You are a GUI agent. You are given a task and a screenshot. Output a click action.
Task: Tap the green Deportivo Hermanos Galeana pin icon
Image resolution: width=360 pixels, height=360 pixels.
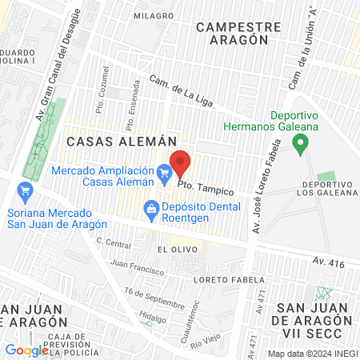point(301,146)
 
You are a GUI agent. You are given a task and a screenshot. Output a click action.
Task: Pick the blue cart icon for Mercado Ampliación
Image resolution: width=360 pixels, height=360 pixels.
point(164,172)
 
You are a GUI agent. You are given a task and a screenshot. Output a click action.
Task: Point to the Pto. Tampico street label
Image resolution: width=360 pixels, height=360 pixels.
point(206,189)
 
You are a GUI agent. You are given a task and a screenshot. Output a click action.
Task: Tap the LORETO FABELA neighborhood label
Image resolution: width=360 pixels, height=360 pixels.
point(230,280)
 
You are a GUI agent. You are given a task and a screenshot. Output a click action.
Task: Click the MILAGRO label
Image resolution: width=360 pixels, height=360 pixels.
point(154,16)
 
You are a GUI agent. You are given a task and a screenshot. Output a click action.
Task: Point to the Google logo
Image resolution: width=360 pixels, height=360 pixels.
point(26,350)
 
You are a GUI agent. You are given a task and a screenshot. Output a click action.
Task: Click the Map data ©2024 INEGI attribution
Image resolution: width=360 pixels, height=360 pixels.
point(311,354)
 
